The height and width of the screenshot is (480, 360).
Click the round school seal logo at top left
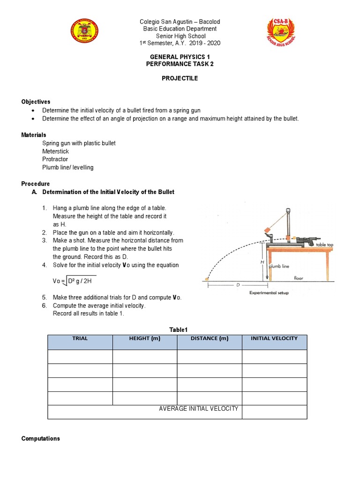point(85,32)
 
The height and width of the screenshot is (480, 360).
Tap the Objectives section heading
point(36,102)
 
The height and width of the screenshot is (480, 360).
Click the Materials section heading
point(34,135)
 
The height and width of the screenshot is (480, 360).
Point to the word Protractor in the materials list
point(55,159)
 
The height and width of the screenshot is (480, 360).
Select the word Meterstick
point(56,151)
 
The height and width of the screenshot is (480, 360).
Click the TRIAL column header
point(80,338)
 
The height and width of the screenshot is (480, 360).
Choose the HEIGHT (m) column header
point(144,338)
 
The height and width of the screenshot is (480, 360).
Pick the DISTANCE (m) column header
point(209,338)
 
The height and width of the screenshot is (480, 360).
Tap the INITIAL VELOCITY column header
point(274,338)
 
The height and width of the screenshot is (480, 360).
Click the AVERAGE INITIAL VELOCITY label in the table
point(198,409)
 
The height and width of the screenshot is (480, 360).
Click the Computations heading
point(41,439)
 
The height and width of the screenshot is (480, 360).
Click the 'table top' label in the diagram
point(327,245)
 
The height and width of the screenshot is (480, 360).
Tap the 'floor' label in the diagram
point(299,278)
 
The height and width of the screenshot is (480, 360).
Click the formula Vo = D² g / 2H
point(74,281)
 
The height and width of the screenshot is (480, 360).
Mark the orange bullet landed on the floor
point(207,279)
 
